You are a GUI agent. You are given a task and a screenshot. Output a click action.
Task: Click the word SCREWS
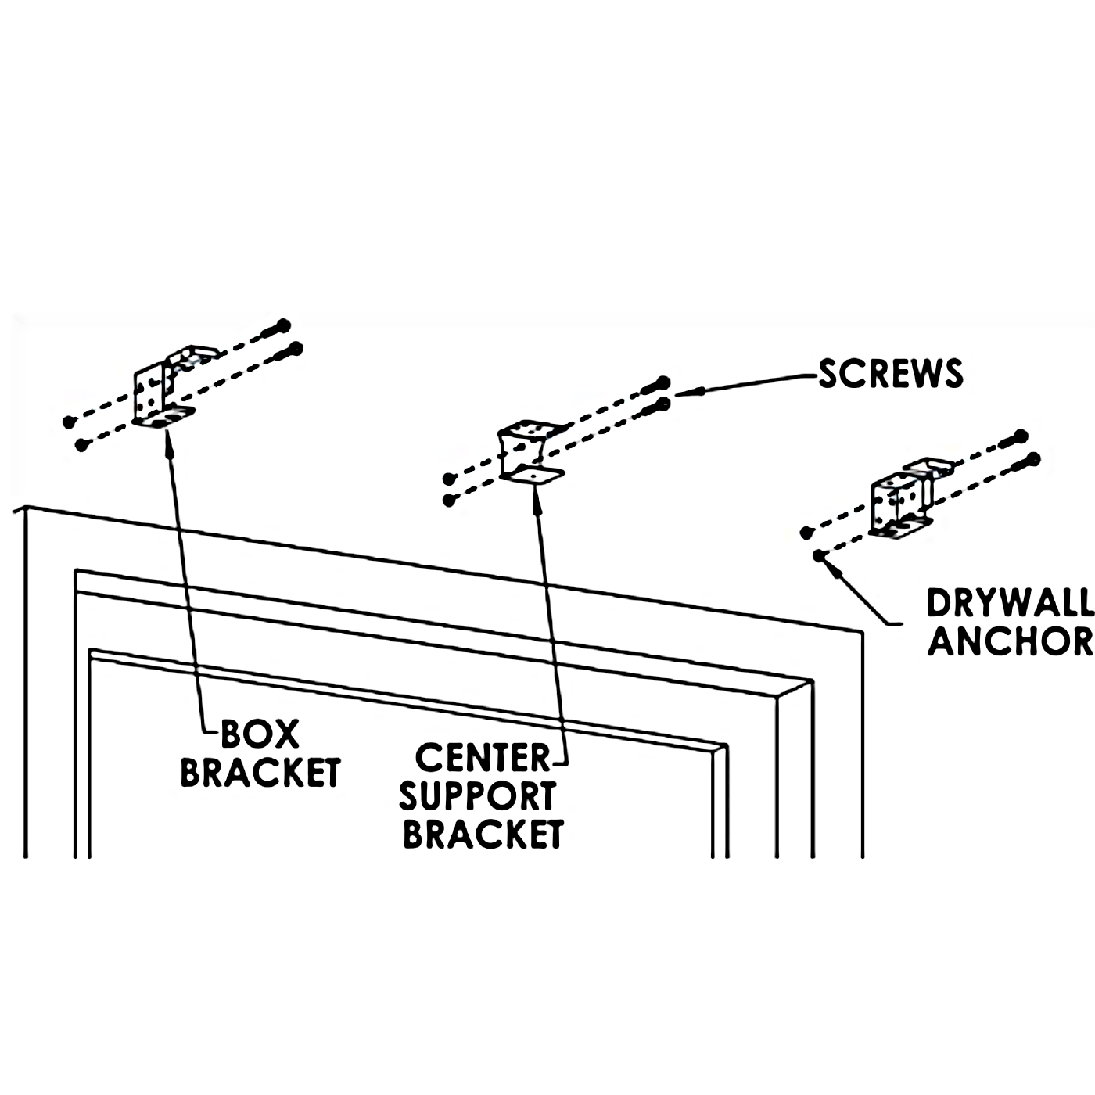click(x=891, y=374)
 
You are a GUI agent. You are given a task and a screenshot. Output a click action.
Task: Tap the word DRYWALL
click(x=1010, y=604)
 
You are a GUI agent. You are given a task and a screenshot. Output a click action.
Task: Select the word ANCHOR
click(x=1010, y=642)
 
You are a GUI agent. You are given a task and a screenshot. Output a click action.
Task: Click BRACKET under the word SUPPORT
click(x=483, y=835)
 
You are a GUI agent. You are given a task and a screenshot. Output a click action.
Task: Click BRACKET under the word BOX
click(x=260, y=773)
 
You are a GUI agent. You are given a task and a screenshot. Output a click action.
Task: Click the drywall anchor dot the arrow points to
click(x=819, y=556)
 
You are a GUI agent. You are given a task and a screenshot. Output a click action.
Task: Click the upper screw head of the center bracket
click(x=662, y=383)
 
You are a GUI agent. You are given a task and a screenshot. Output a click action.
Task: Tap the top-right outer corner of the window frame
click(x=862, y=630)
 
